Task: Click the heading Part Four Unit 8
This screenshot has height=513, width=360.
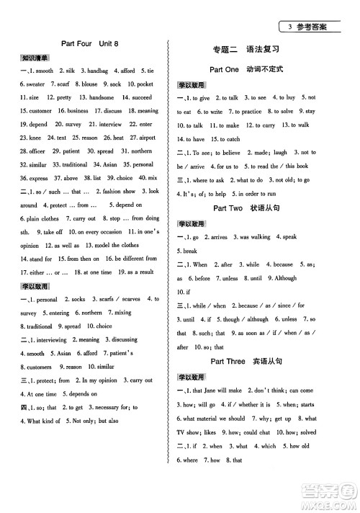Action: click(90, 44)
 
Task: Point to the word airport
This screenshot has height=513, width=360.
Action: click(146, 138)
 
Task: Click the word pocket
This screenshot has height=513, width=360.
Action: click(144, 84)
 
